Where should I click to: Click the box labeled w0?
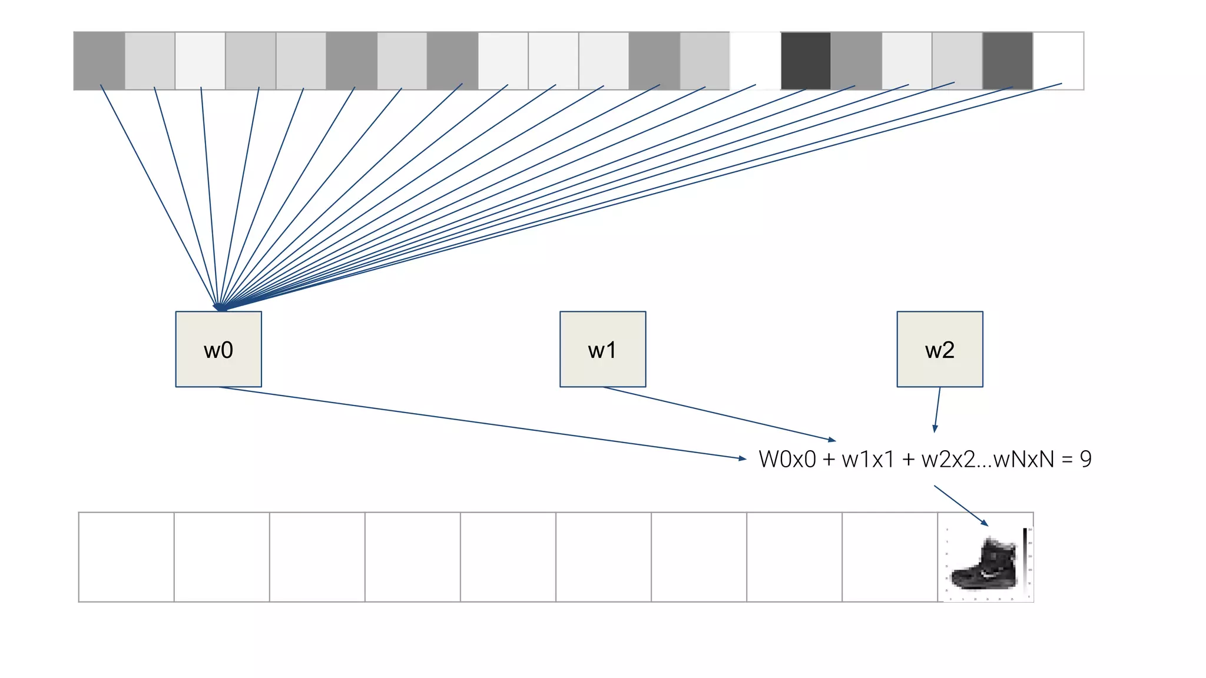tap(218, 349)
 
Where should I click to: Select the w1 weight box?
tap(602, 349)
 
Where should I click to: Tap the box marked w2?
tap(940, 349)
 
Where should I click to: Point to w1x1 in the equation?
tap(868, 459)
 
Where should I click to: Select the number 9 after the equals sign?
tap(1086, 459)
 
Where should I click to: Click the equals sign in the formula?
tap(1067, 459)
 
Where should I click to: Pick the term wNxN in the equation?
tap(1023, 459)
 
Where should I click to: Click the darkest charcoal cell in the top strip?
tap(806, 61)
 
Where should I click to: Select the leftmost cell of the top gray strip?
tap(99, 61)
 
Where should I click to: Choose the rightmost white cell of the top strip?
tap(1058, 61)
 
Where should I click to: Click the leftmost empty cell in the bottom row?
tap(126, 557)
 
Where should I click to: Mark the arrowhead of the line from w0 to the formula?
tap(743, 458)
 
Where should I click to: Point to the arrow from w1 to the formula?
tap(718, 414)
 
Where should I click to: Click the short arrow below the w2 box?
tap(937, 410)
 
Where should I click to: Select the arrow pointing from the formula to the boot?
tap(961, 506)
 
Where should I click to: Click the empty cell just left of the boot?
tap(889, 557)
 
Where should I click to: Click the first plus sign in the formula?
tap(829, 459)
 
